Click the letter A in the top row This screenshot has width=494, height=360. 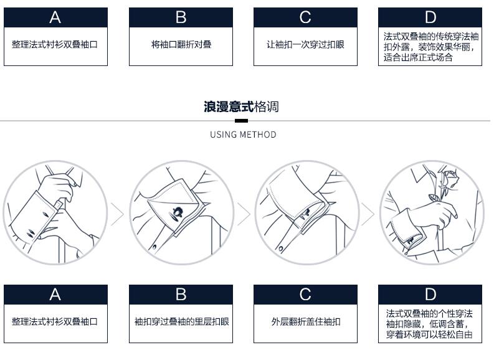pos(55,17)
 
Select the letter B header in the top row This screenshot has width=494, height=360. pos(181,17)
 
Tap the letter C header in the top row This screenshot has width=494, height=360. pos(305,17)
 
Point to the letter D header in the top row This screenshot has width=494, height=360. pos(430,17)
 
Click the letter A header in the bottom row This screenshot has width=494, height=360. pos(55,295)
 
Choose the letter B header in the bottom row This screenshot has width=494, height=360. pos(181,295)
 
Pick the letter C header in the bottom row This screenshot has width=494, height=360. pos(305,295)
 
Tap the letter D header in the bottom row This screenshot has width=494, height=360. pos(430,295)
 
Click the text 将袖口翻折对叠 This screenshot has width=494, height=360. pos(181,44)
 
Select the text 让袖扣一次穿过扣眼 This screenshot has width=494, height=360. pos(305,44)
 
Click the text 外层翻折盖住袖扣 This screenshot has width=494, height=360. pos(306,321)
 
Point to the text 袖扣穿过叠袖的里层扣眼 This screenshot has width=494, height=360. pos(181,321)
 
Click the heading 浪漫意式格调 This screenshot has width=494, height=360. pos(241,107)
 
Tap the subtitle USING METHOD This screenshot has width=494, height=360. pos(243,135)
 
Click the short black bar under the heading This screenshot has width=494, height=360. pos(241,121)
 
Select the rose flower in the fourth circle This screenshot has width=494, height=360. pos(450,179)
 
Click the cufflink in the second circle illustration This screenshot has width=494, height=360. pos(177,213)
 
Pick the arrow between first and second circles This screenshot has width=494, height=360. pos(117,214)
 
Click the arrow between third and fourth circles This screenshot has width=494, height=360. pos(368,214)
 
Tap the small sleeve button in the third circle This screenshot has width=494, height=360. pos(280,249)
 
